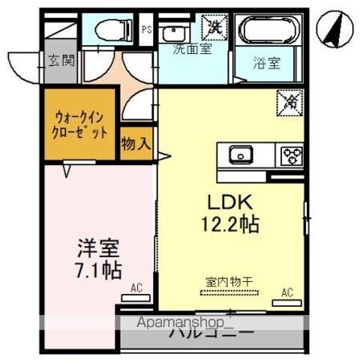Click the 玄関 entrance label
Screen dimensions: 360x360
[x=61, y=60]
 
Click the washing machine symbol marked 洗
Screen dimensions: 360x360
[x=216, y=24]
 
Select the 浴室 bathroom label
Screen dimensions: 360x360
[x=267, y=63]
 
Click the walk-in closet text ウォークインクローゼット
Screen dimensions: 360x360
[x=79, y=124]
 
